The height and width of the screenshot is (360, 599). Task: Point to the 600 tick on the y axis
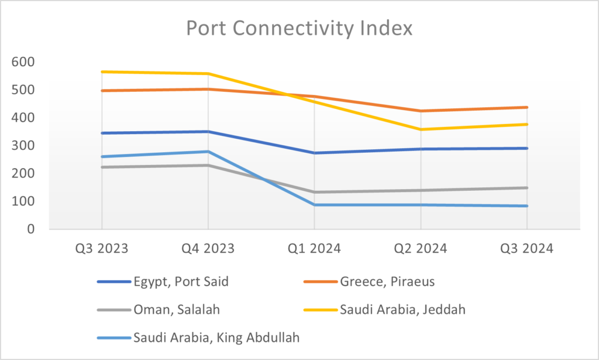point(23,62)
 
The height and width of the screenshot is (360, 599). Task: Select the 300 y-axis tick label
point(23,146)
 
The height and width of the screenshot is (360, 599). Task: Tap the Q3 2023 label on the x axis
point(102,248)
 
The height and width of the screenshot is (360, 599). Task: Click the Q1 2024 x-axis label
point(314,248)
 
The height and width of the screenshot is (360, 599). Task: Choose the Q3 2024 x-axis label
point(526,248)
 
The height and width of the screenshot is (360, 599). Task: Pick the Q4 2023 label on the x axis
point(208,248)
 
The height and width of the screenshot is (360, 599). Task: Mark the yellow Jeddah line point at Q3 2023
point(102,72)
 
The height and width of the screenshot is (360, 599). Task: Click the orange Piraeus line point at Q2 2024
point(421,111)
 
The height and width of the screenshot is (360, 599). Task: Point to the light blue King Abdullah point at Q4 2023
point(208,152)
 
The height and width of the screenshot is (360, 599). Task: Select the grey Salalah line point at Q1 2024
point(314,192)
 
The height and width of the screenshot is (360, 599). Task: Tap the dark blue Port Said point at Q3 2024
point(526,148)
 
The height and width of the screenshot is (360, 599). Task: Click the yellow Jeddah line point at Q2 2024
point(421,129)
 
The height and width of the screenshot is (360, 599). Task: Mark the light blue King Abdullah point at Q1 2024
point(314,205)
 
